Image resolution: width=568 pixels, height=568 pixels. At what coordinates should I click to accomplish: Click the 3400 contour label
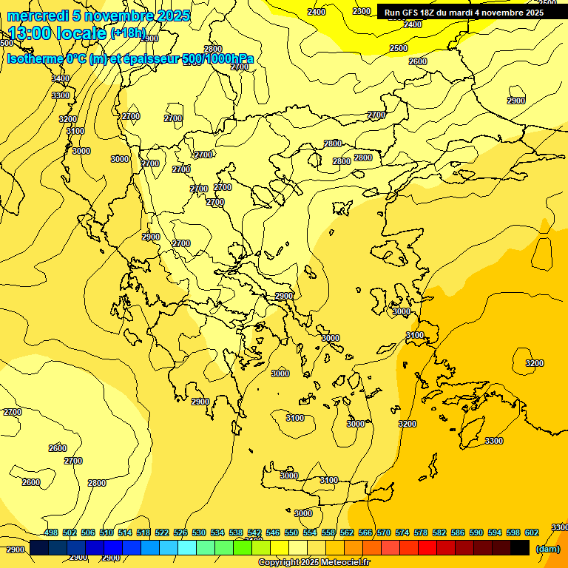click(x=61, y=79)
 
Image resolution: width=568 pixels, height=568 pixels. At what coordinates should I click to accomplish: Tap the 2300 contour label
click(x=362, y=11)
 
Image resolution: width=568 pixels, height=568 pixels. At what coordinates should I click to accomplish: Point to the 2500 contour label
click(x=399, y=48)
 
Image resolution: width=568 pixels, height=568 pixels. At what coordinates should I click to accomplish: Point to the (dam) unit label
click(x=547, y=549)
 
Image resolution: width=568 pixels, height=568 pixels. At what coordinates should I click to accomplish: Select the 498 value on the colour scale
click(x=51, y=532)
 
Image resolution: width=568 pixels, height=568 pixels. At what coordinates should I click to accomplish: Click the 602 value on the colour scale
click(x=532, y=532)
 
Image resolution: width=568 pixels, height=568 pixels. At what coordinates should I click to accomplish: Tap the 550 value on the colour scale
click(x=291, y=532)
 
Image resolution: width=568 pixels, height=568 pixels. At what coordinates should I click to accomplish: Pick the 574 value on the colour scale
click(x=402, y=532)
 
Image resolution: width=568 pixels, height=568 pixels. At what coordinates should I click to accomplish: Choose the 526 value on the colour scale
click(x=180, y=532)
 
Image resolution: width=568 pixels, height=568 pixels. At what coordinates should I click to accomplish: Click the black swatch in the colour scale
click(x=520, y=547)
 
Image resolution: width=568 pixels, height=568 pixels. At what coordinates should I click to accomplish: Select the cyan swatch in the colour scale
click(x=187, y=547)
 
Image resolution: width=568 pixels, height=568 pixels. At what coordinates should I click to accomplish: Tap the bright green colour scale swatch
click(x=243, y=547)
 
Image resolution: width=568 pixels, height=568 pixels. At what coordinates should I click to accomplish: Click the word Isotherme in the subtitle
click(x=34, y=58)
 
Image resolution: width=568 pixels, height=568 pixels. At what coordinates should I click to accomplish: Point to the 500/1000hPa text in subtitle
click(x=217, y=58)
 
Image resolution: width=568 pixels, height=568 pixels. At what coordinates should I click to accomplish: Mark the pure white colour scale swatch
click(x=298, y=547)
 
